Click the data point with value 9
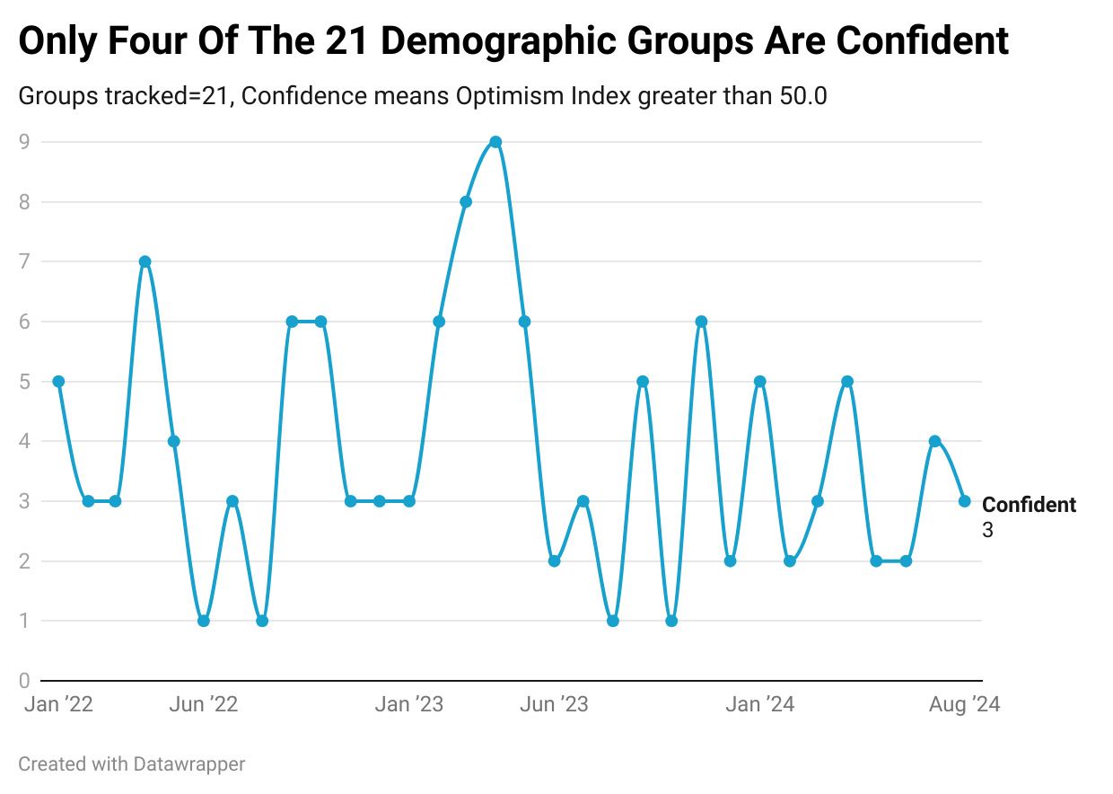click(x=495, y=142)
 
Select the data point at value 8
click(x=466, y=202)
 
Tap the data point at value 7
click(x=145, y=261)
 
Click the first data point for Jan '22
click(x=58, y=382)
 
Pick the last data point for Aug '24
click(x=964, y=501)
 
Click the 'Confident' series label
click(x=1029, y=505)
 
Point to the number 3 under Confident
click(x=987, y=531)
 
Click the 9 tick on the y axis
click(x=24, y=141)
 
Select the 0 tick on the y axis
click(x=24, y=681)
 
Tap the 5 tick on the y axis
click(x=24, y=382)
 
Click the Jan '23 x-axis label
click(x=408, y=705)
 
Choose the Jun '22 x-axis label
click(x=204, y=705)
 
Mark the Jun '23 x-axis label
click(x=554, y=705)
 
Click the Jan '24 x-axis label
click(x=759, y=705)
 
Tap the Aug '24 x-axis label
click(x=964, y=705)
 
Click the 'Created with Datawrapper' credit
click(x=131, y=764)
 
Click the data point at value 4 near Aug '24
click(x=934, y=441)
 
